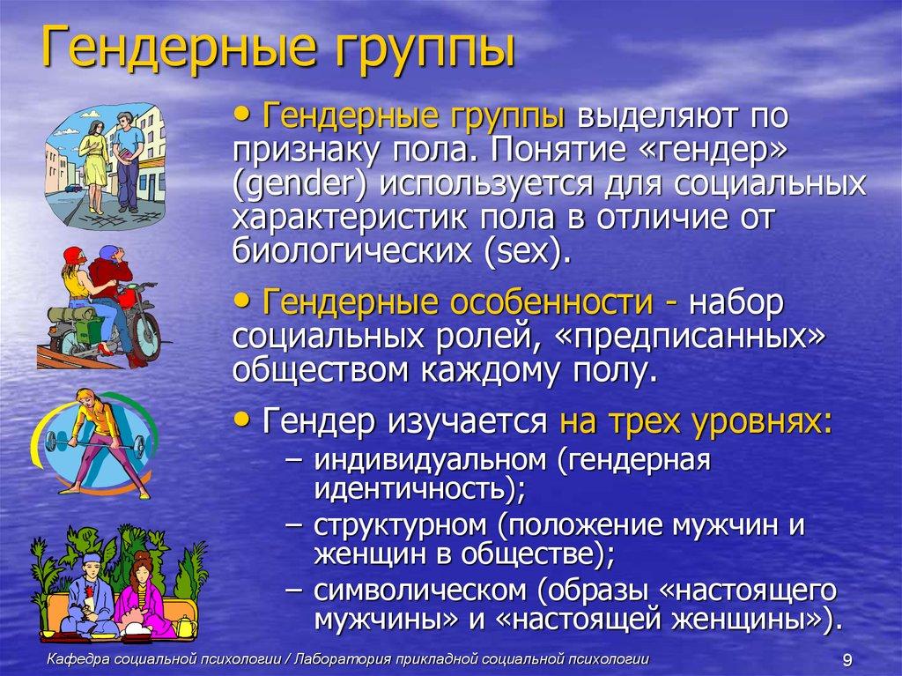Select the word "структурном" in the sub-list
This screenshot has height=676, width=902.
[400, 526]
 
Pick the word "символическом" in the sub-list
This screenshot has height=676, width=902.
[417, 590]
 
